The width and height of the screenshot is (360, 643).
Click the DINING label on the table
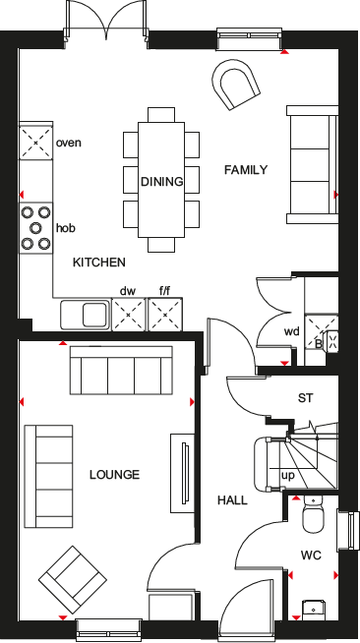[161, 181]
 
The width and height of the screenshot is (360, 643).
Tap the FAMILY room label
[246, 169]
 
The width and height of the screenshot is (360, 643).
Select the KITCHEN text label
[99, 263]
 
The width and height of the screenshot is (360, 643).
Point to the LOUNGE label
[114, 475]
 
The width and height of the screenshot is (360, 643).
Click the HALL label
[232, 500]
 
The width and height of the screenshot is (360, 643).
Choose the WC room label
[311, 555]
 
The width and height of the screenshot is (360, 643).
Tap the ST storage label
[305, 398]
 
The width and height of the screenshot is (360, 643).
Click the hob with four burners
[35, 228]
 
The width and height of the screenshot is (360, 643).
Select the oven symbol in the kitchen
[35, 144]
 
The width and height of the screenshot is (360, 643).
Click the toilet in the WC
[313, 515]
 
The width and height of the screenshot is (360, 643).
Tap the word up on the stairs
[288, 476]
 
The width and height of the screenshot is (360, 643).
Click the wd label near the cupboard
[291, 331]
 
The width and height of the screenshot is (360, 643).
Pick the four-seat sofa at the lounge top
[119, 373]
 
